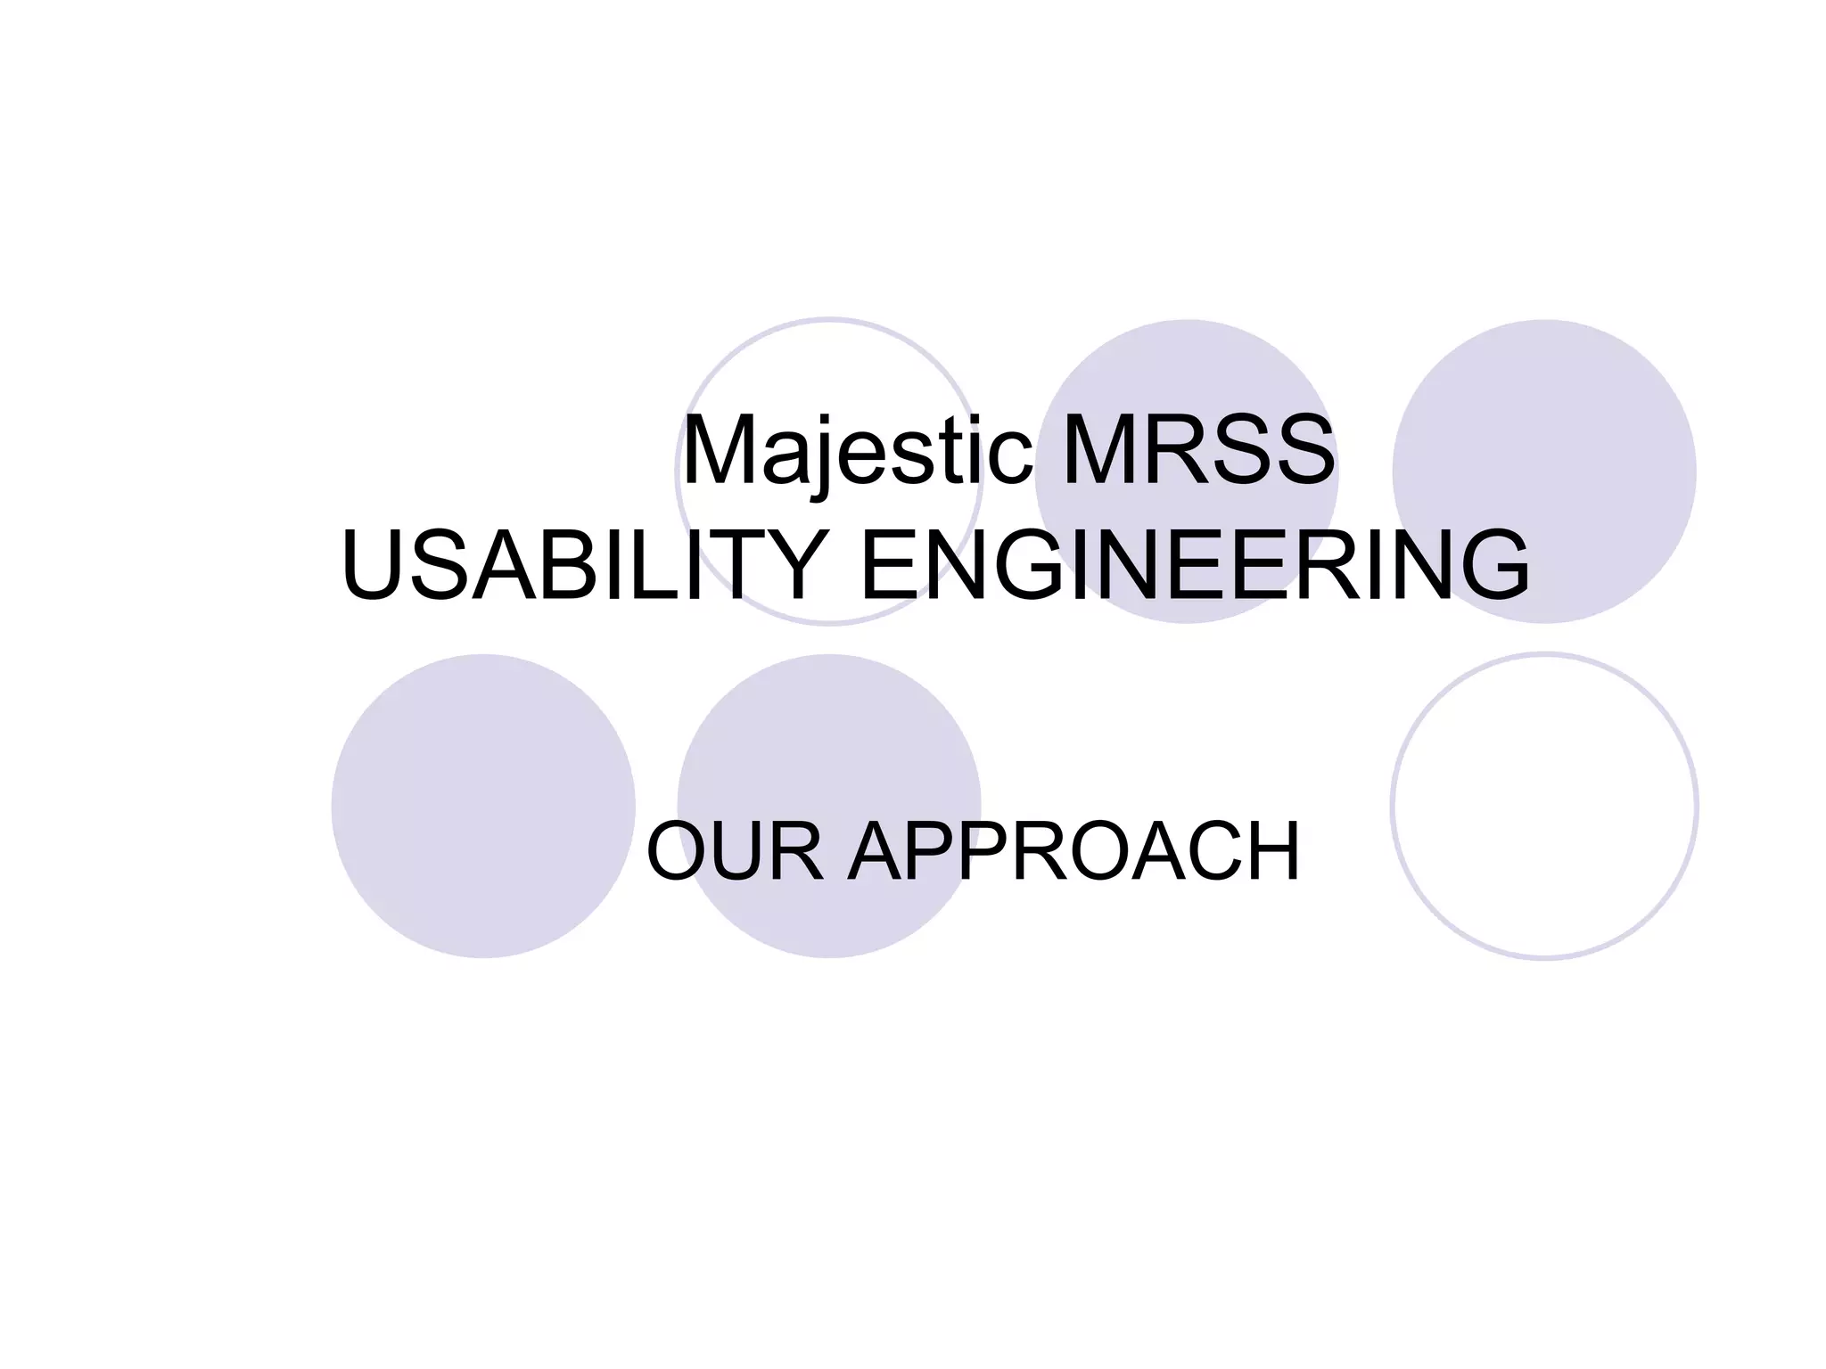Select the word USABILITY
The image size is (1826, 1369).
tap(583, 565)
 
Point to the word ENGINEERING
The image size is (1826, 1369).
tap(1195, 565)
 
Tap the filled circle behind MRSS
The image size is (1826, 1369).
tap(1186, 374)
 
